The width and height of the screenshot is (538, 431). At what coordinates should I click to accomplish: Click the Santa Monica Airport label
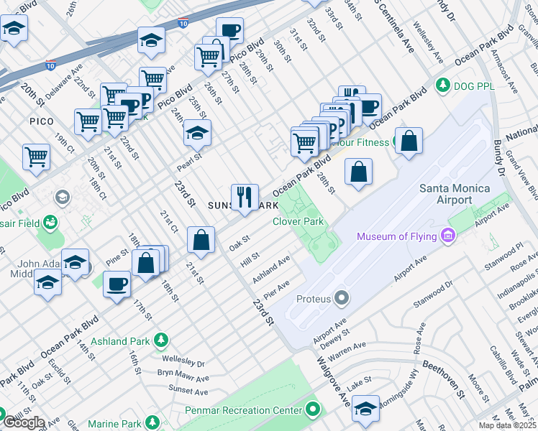point(455,194)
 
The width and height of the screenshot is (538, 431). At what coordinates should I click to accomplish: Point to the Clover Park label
point(298,221)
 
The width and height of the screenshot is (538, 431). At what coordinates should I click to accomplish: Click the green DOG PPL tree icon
point(443,85)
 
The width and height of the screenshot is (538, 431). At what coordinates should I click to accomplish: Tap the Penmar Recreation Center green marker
point(312,410)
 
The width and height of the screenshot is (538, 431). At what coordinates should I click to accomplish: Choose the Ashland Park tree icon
point(163,340)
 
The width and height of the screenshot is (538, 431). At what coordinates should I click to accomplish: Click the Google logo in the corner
point(23,422)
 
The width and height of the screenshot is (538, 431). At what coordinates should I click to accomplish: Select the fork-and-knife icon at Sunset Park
point(245,196)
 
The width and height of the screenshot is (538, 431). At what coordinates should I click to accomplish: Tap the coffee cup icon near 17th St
point(117,284)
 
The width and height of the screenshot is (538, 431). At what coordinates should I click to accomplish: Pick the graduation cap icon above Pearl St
point(196,134)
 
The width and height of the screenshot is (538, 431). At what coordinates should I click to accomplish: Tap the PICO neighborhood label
point(41,121)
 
